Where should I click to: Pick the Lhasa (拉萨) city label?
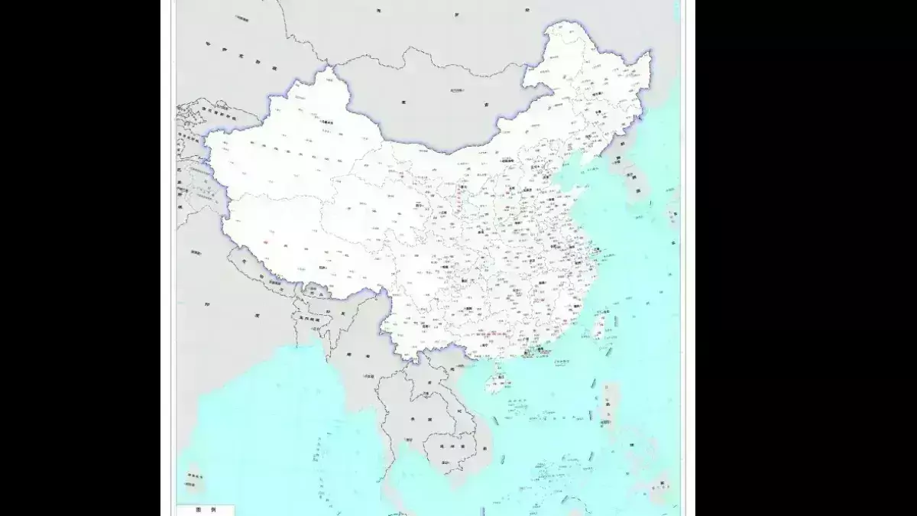click(x=322, y=268)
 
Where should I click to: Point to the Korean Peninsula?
click(x=634, y=180)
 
